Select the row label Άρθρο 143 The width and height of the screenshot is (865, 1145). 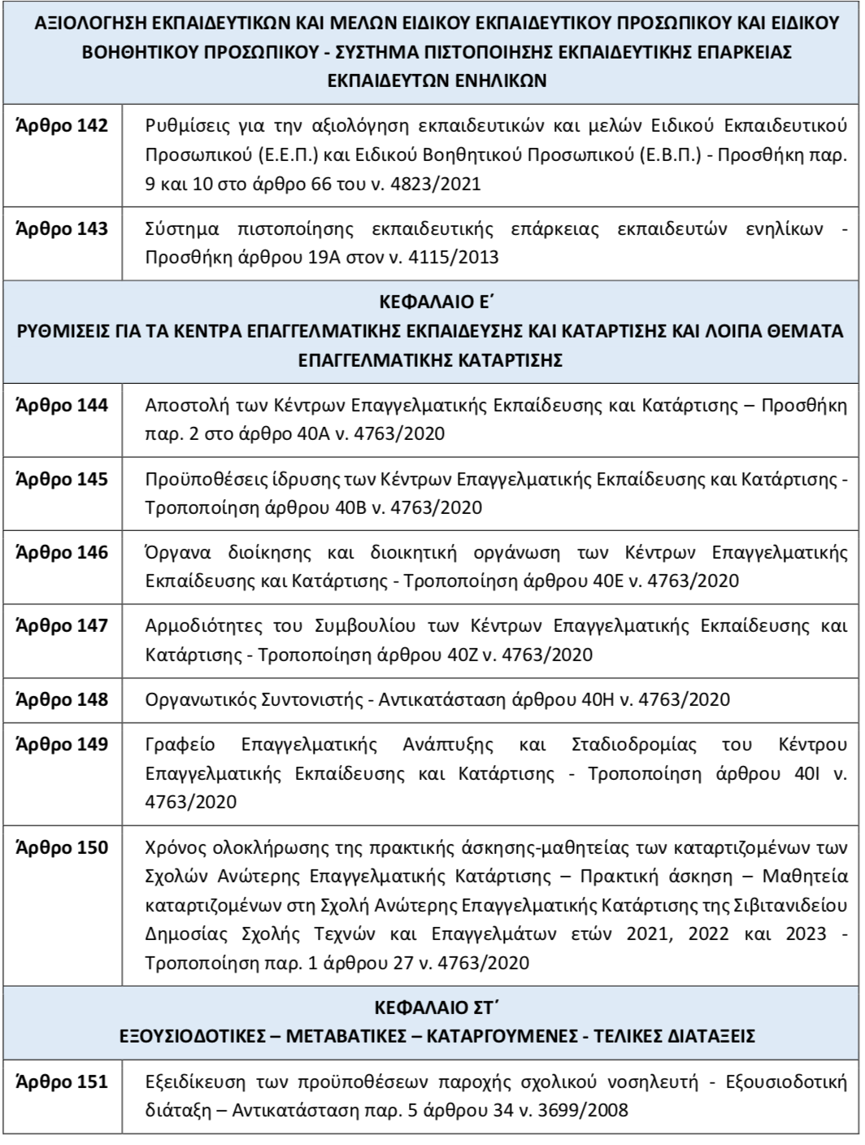click(x=62, y=229)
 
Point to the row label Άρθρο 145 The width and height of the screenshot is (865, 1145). click(x=62, y=479)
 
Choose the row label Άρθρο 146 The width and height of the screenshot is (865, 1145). click(x=62, y=553)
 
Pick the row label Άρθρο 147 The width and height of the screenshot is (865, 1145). click(x=62, y=626)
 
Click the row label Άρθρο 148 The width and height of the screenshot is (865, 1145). click(x=62, y=700)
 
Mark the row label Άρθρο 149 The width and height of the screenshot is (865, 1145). click(x=62, y=745)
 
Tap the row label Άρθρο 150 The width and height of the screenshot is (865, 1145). click(x=62, y=848)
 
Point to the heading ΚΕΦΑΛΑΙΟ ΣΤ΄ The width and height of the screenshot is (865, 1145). click(x=432, y=1009)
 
